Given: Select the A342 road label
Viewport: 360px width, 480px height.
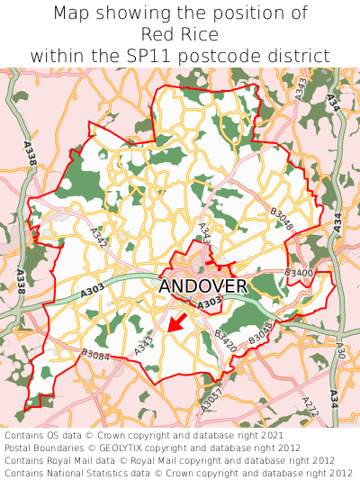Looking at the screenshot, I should point(99,237).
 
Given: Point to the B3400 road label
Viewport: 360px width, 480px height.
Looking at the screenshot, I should point(299,272).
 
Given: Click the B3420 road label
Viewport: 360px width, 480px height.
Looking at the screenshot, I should point(225,340).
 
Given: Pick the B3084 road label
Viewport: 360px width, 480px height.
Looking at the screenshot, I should point(95,355).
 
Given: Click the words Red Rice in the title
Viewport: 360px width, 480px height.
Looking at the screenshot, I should point(180,34).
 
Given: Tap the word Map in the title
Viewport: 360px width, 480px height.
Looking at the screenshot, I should point(73,14).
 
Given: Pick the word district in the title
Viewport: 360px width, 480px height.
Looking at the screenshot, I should point(300,56).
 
